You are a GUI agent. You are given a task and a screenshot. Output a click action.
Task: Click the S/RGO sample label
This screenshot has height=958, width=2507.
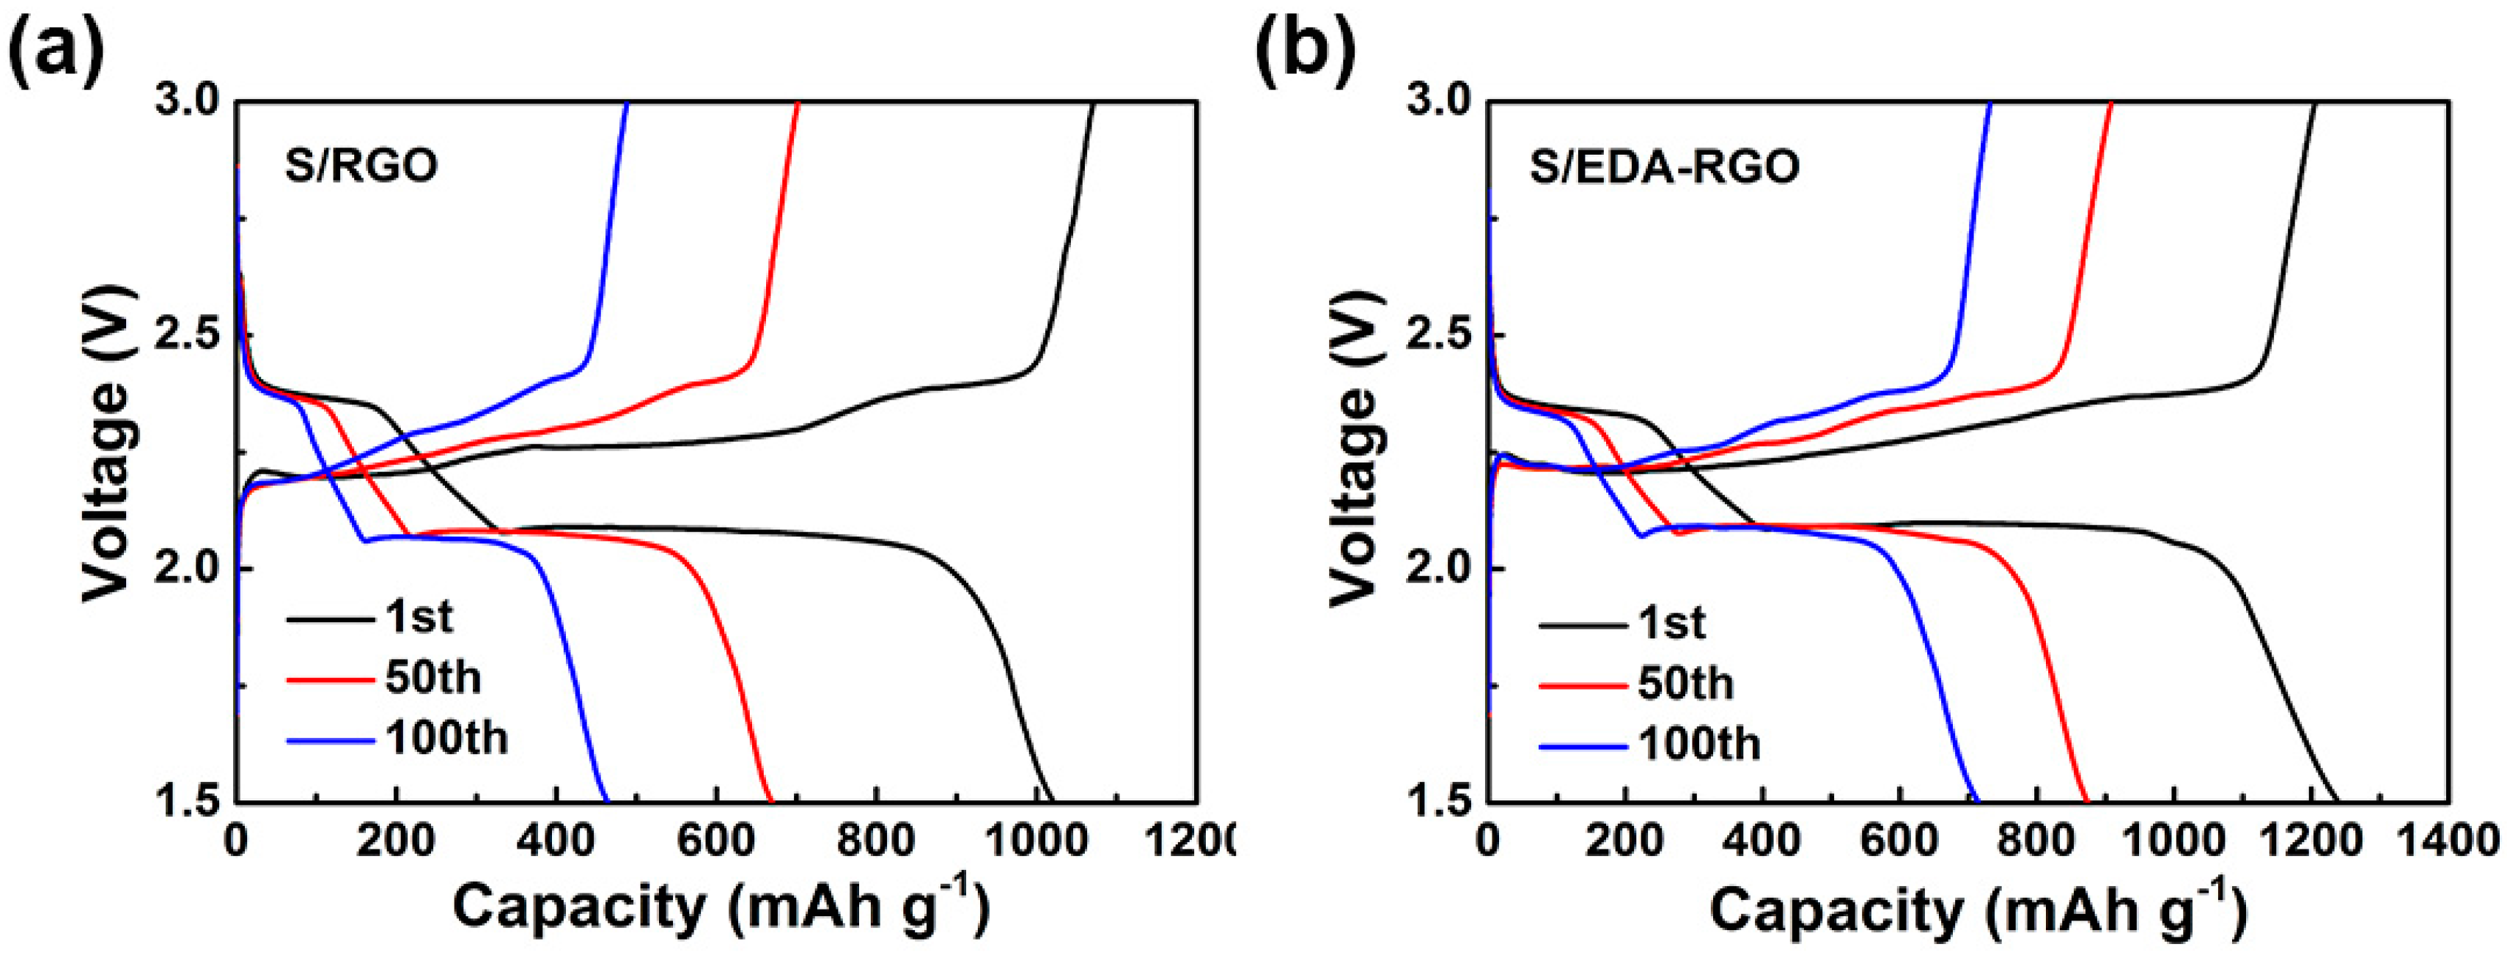(361, 166)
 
